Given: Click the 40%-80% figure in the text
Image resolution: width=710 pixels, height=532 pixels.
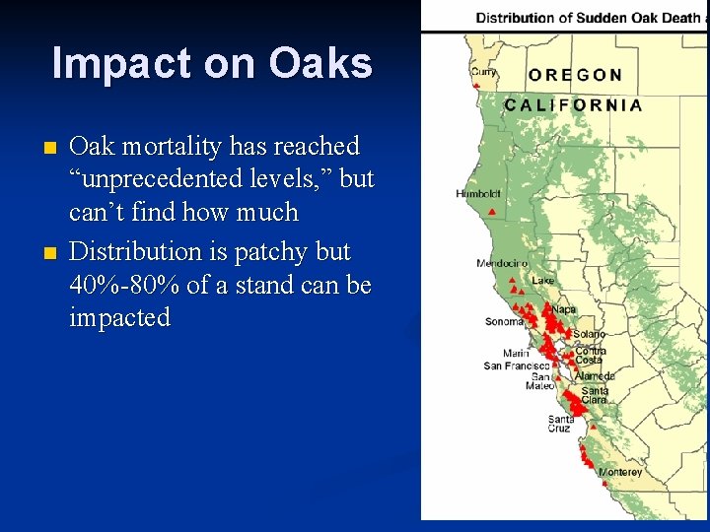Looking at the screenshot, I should coord(122,286).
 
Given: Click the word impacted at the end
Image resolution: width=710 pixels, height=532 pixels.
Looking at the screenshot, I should coord(119,318).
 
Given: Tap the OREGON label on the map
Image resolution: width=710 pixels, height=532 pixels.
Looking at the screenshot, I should coord(575,75).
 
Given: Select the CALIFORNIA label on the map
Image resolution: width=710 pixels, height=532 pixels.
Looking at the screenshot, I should coord(573,104).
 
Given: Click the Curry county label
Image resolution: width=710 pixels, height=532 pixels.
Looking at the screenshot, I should coord(483,72).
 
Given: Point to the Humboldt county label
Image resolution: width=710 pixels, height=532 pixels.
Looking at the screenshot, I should coord(478,194).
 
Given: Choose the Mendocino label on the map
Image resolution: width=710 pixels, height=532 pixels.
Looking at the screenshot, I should coord(502,263).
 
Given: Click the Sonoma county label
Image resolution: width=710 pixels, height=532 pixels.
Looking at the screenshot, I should coord(504,322).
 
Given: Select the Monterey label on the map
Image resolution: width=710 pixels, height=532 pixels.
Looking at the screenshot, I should coord(620,473).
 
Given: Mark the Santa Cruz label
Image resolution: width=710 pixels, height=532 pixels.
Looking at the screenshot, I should coord(560,424).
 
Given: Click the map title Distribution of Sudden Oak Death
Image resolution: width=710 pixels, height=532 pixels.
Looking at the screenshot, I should coord(589,17).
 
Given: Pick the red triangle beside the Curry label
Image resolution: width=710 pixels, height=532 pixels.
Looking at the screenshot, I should coord(476,86).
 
